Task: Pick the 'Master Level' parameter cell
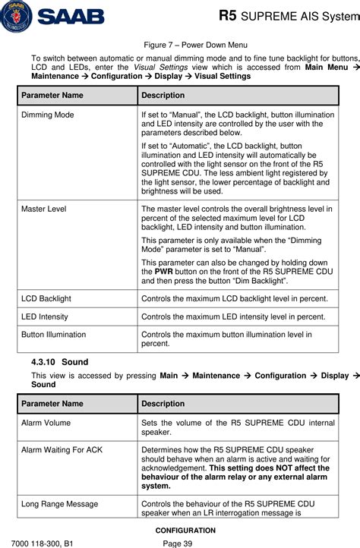(43, 207)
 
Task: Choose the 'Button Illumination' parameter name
(53, 334)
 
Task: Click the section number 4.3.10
(49, 362)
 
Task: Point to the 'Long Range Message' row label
(59, 503)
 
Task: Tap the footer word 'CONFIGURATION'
(180, 530)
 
